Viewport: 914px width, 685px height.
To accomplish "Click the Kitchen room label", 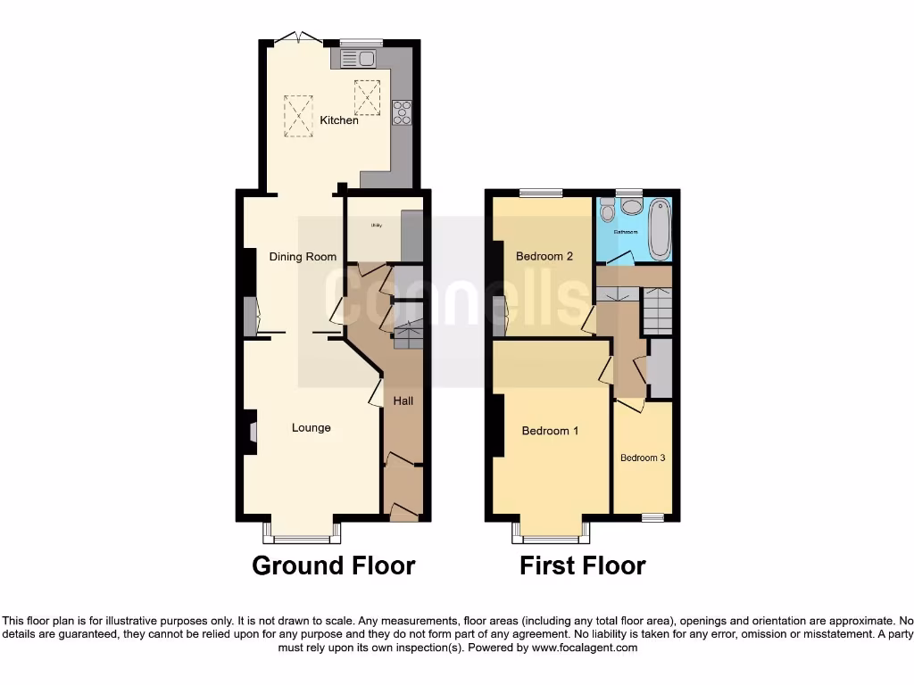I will (339, 120).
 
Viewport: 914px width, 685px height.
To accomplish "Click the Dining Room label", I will (303, 257).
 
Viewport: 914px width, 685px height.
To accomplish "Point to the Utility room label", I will (376, 226).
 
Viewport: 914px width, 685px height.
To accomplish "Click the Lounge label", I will (311, 428).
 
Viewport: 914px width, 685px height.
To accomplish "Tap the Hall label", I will (403, 401).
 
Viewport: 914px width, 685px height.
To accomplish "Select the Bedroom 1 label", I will (550, 431).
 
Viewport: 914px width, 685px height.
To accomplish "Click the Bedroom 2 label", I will (544, 257).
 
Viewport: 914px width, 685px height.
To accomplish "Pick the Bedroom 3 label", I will (643, 458).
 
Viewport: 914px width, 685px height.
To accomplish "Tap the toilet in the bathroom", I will (607, 210).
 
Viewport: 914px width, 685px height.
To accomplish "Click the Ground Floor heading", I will (333, 565).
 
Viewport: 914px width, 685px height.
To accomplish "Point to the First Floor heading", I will (583, 565).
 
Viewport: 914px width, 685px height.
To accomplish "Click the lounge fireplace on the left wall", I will (251, 433).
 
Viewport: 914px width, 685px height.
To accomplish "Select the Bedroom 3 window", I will (652, 517).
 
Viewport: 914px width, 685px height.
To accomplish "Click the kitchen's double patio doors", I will (298, 38).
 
